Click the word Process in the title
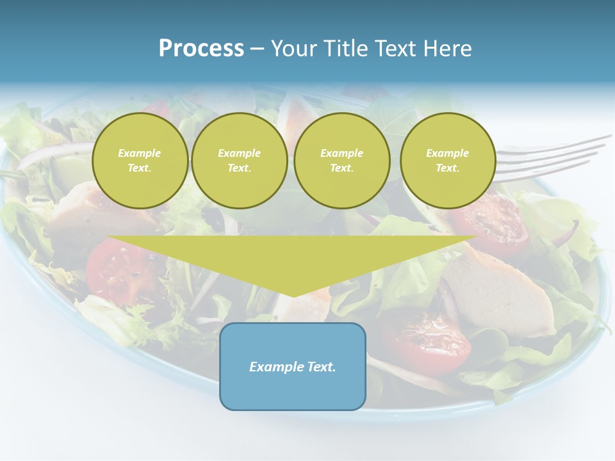201,49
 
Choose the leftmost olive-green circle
140,160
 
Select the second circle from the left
240,160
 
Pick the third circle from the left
342,160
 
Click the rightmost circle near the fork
448,160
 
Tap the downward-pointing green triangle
293,259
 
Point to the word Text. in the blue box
320,367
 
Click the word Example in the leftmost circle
140,153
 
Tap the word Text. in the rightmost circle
448,168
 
